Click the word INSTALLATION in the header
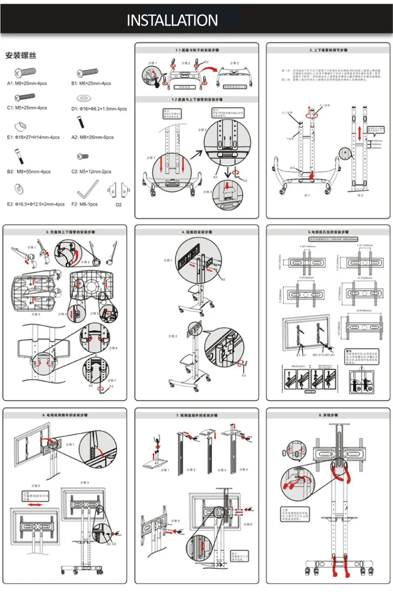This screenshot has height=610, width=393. pos(172,20)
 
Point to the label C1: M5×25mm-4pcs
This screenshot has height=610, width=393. pos(27,108)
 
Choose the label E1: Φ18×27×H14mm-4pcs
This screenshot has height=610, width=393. pos(33,137)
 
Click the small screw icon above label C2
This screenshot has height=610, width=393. pos(82,156)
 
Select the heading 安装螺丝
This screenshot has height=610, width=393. pos(21,55)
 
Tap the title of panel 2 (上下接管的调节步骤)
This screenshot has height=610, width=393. pos(329,50)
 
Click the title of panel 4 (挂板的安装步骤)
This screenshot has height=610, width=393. pos(196,232)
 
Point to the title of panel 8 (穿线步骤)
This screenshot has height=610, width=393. pos(328,415)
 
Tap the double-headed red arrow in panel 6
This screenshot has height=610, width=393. pos(32,505)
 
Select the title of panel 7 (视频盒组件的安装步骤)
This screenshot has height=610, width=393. pos(196,415)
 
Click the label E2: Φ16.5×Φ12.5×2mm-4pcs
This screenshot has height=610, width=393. pos(35,204)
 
